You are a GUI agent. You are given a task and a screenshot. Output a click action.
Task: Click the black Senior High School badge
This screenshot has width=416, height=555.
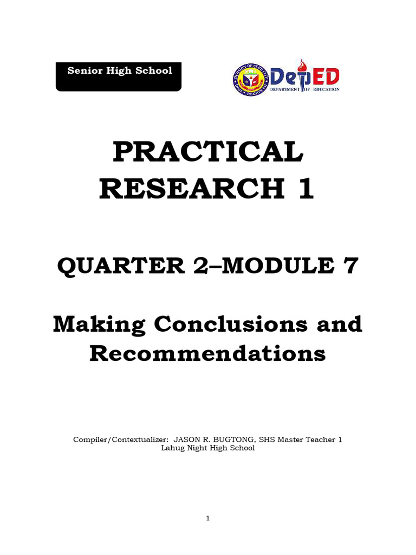click(119, 76)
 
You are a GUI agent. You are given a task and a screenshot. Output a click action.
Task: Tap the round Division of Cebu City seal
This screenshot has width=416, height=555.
click(250, 80)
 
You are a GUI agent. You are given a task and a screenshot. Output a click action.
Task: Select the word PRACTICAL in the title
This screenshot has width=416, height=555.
click(207, 152)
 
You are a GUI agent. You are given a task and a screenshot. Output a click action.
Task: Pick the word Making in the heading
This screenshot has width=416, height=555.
click(99, 324)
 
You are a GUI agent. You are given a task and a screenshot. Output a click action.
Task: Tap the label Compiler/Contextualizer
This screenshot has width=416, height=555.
click(119, 440)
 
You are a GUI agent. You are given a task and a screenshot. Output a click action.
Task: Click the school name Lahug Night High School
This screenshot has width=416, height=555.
click(208, 448)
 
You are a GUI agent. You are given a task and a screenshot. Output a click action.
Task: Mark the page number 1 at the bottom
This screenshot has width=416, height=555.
click(207, 519)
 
